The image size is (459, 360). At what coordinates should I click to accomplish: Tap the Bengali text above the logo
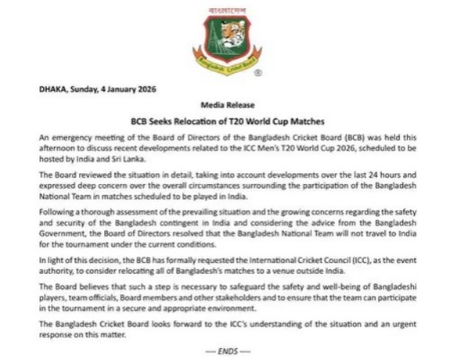click(x=226, y=11)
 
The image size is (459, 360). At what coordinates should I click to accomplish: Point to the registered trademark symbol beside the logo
click(x=259, y=72)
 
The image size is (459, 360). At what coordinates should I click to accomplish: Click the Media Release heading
click(x=228, y=104)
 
